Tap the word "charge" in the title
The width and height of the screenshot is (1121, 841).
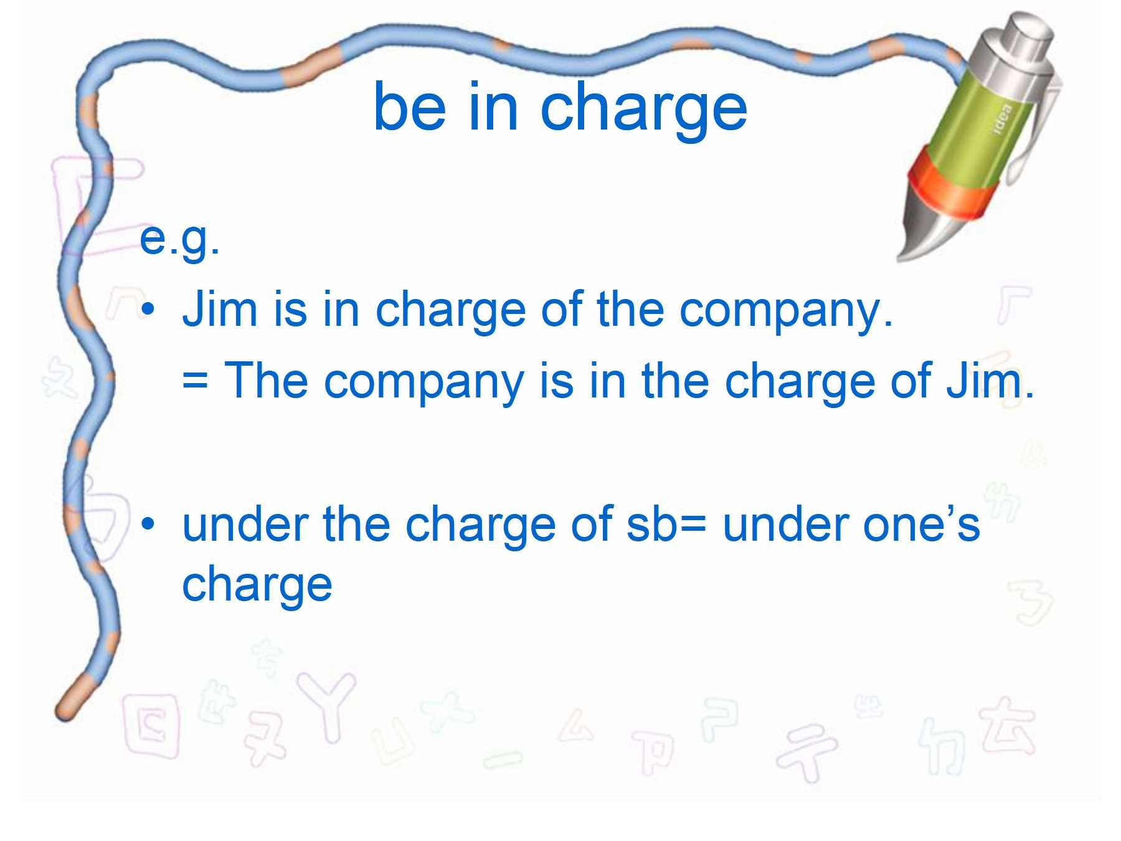[644, 112]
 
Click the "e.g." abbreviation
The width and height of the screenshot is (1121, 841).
[179, 239]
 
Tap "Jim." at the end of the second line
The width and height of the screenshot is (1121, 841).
[990, 379]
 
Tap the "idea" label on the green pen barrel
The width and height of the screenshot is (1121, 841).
[1003, 118]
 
